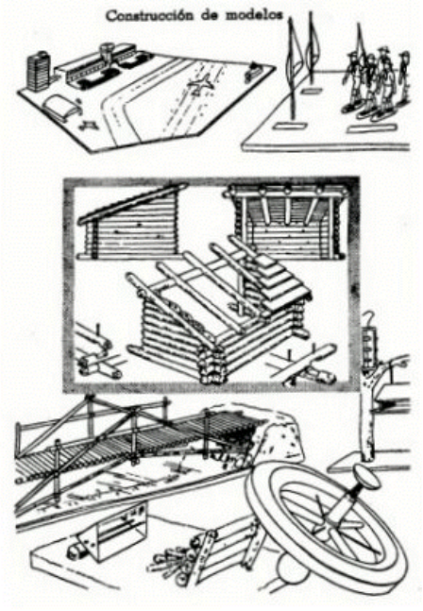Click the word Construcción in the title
tap(151, 16)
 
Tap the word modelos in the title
tap(253, 15)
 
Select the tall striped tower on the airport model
tap(40, 72)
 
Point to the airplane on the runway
tap(200, 85)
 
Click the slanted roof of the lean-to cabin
tap(133, 203)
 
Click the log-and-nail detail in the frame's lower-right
tap(304, 365)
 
